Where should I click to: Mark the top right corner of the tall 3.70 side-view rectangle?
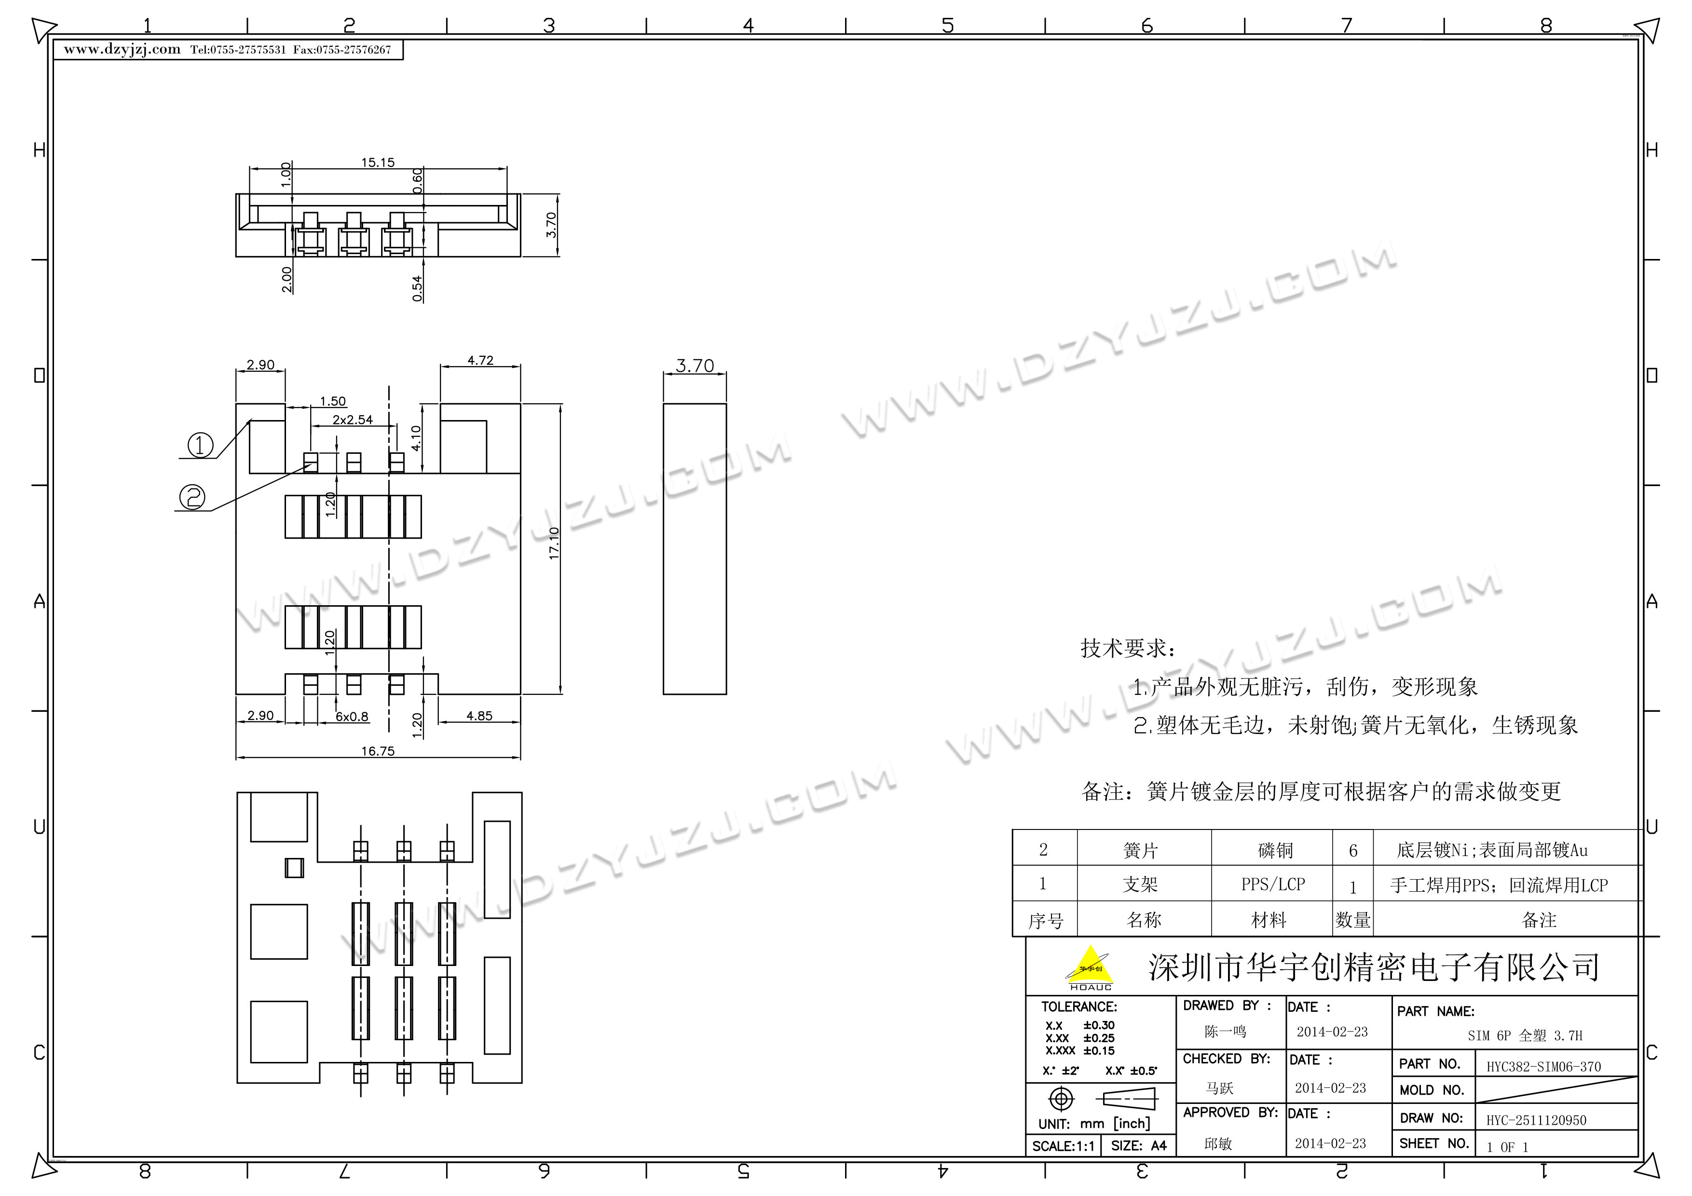(726, 404)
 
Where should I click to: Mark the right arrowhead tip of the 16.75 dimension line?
(520, 758)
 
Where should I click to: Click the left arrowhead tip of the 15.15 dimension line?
(250, 169)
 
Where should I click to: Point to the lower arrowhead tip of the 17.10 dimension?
(560, 693)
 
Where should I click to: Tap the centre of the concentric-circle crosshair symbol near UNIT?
(1061, 1099)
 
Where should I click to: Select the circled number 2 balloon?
(193, 497)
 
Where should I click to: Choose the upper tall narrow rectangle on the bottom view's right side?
(497, 870)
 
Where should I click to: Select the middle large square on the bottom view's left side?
(279, 931)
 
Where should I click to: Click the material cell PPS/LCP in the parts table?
(1273, 883)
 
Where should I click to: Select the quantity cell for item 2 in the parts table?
(1353, 850)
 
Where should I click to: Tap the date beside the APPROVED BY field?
(1330, 1143)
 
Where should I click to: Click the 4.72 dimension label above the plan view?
(480, 360)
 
